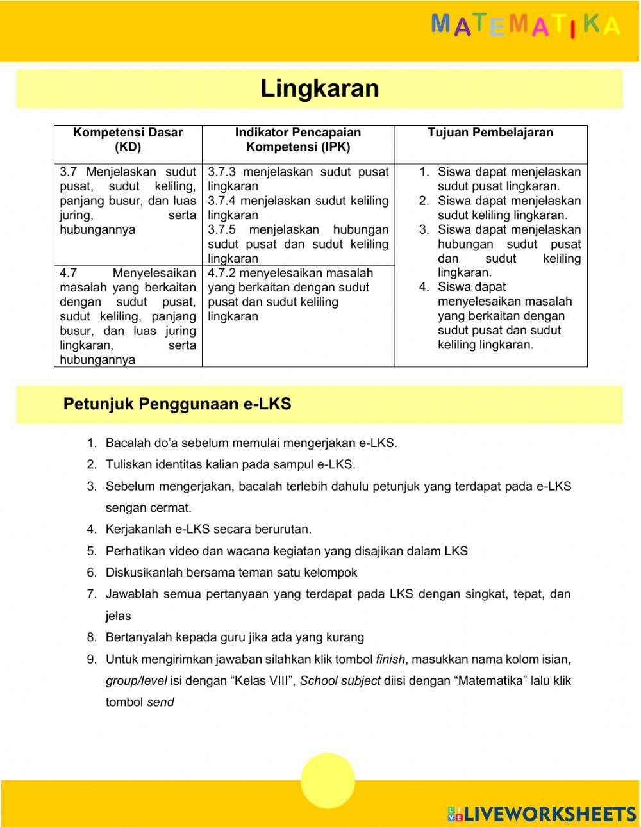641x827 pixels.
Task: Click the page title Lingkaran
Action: click(x=319, y=88)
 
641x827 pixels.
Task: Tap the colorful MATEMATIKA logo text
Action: click(x=526, y=26)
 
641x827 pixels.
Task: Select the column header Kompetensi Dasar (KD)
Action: click(x=128, y=140)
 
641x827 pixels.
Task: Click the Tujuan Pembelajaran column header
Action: click(x=490, y=133)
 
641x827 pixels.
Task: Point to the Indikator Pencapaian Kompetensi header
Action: click(x=298, y=140)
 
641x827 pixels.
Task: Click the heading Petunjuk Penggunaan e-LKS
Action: click(x=177, y=404)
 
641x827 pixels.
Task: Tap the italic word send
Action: click(x=160, y=702)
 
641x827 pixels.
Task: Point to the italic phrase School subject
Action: click(x=340, y=681)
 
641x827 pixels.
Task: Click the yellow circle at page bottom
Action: click(x=328, y=781)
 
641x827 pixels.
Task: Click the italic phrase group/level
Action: click(x=137, y=681)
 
